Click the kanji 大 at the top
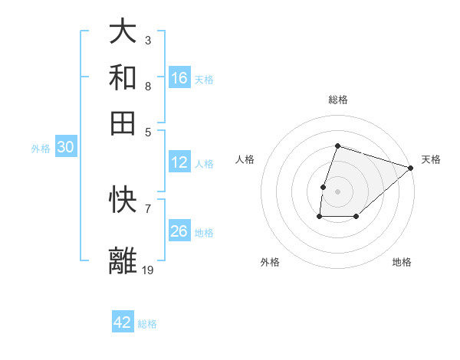pyautogui.click(x=123, y=33)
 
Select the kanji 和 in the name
pyautogui.click(x=123, y=77)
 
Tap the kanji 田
pyautogui.click(x=123, y=123)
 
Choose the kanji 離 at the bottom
pyautogui.click(x=123, y=260)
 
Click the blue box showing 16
pyautogui.click(x=179, y=78)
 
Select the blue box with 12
pyautogui.click(x=179, y=162)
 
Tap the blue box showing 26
pyautogui.click(x=179, y=231)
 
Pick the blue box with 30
pyautogui.click(x=65, y=148)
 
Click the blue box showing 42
pyautogui.click(x=123, y=322)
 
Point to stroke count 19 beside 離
pyautogui.click(x=148, y=270)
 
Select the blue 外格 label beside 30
pyautogui.click(x=40, y=149)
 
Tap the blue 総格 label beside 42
pyautogui.click(x=147, y=324)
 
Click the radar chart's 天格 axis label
pyautogui.click(x=431, y=159)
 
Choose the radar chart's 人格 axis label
pyautogui.click(x=245, y=159)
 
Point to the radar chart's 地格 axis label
pyautogui.click(x=402, y=262)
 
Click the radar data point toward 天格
pyautogui.click(x=410, y=168)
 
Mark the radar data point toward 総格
pyautogui.click(x=337, y=146)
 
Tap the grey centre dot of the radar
pyautogui.click(x=337, y=191)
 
